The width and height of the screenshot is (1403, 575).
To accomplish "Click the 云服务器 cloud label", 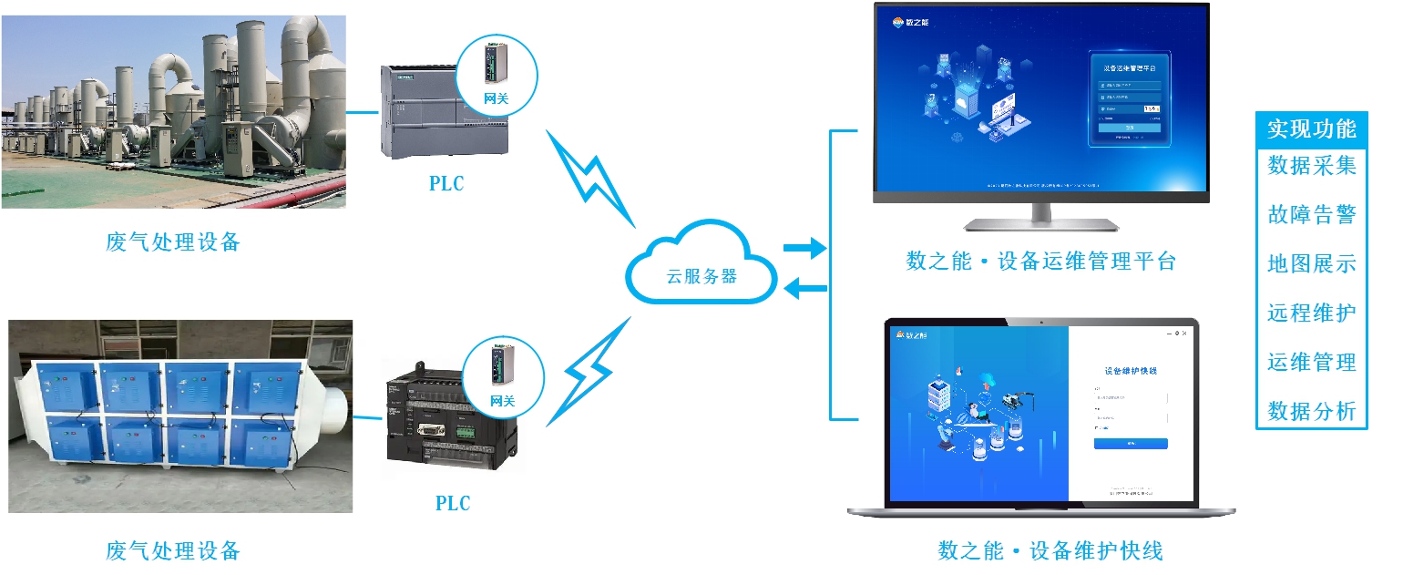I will coord(701,275).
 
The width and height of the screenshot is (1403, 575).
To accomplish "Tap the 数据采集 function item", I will coord(1312,165).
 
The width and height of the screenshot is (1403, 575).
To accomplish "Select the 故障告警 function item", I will coord(1312,214).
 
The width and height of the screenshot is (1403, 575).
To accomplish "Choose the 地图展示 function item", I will coord(1312,263).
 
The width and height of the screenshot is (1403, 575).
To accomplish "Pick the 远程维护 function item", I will coord(1312,313).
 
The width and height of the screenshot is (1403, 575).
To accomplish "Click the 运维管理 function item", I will coord(1312,362).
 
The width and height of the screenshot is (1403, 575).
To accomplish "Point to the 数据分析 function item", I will coord(1312,411).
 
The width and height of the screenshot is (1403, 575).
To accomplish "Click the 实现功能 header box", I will coord(1312,128).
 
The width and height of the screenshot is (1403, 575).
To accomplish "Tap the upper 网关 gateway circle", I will coord(496,75).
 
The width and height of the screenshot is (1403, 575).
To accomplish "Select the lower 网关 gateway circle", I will coord(503,377).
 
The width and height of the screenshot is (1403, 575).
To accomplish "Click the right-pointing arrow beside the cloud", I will coord(804,247).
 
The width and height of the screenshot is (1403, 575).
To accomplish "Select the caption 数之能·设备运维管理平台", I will coord(1041,262).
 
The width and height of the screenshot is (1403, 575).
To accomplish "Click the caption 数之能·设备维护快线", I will coord(1050,550).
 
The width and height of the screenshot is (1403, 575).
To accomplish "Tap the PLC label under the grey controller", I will coord(446,183).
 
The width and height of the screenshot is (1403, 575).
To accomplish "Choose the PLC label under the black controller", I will coord(453,502).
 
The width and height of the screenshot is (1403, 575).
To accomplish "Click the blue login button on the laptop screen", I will coord(1131,444).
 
